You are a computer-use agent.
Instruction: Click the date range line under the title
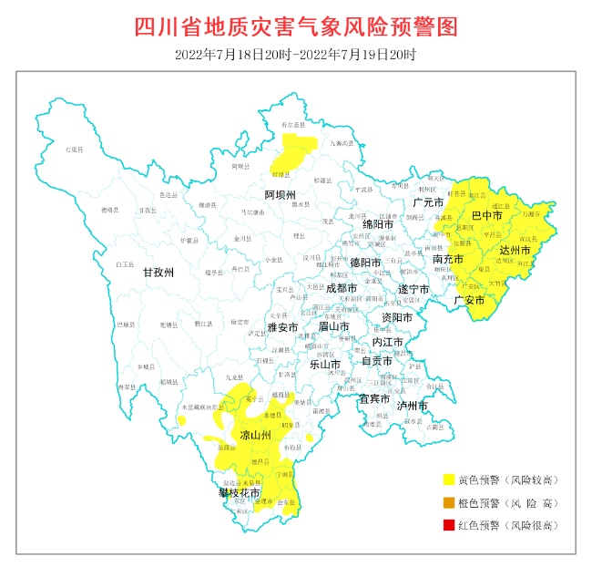[x=295, y=55]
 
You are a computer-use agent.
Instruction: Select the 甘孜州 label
[x=158, y=272]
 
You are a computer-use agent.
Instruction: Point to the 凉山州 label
[x=256, y=437]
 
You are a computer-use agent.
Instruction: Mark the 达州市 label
[x=516, y=249]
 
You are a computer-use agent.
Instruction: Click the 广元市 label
[x=427, y=201]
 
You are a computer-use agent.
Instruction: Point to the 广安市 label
[x=469, y=300]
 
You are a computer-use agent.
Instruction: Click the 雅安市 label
[x=282, y=327]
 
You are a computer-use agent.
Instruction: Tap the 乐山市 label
[x=325, y=364]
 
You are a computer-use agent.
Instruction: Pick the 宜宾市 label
[x=373, y=398]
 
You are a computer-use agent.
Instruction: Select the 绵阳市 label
[x=378, y=223]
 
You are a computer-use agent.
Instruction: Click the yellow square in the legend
[x=448, y=479]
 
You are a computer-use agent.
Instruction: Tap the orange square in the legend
[x=448, y=502]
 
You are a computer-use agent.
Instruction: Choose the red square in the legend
[x=448, y=525]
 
